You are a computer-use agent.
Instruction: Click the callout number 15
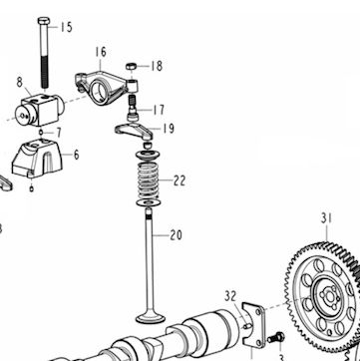66,27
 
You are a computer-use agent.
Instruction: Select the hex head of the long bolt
44,21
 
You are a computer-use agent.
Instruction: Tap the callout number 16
101,52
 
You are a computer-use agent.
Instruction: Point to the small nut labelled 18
131,66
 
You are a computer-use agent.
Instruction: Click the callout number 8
20,82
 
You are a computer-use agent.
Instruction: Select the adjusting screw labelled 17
134,108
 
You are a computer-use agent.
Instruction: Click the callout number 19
169,129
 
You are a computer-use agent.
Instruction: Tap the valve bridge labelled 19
134,131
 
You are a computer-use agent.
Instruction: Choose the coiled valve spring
148,180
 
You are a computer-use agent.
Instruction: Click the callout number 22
180,181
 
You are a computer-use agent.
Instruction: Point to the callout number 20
176,235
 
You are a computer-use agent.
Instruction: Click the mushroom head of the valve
151,316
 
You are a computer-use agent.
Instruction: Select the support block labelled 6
37,159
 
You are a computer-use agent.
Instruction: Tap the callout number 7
59,133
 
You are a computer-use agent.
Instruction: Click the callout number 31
326,218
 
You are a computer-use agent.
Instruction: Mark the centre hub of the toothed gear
329,296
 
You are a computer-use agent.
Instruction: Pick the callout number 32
230,296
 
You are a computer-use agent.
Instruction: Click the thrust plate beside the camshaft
253,325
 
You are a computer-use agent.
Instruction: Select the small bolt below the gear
276,338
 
